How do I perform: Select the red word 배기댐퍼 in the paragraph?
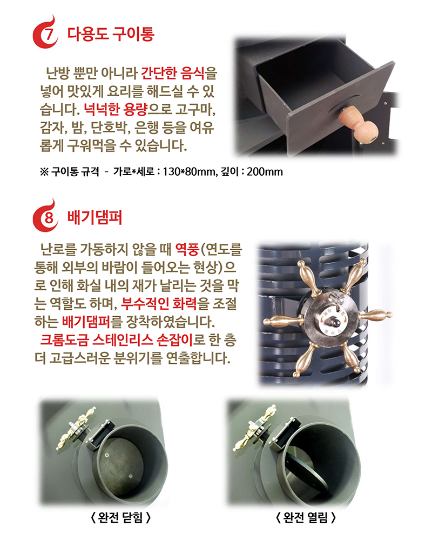(86, 322)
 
